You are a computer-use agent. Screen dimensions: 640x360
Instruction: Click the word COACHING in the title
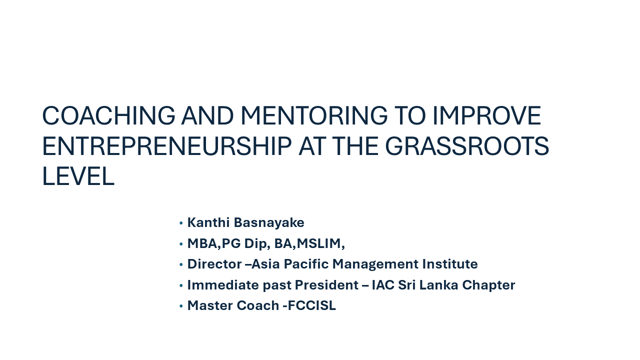[108, 115]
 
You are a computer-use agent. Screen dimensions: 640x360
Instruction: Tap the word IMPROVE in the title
[487, 115]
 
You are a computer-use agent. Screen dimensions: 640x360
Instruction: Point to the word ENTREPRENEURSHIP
[167, 146]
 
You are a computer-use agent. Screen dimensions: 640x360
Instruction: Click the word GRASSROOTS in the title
[467, 146]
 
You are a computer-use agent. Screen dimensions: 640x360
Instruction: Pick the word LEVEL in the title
[78, 176]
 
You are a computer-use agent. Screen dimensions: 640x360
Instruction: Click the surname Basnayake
[269, 222]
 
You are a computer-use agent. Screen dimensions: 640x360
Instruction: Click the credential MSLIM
[319, 243]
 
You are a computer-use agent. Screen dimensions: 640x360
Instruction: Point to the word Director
[214, 264]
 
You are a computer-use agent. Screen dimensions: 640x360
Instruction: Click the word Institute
[450, 264]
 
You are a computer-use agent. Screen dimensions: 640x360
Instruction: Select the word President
[326, 285]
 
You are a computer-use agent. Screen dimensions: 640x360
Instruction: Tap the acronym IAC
[383, 285]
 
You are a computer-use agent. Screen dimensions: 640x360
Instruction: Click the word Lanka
[438, 285]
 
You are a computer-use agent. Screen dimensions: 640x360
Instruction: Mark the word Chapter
[488, 285]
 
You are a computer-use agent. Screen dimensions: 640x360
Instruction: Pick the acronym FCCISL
[311, 305]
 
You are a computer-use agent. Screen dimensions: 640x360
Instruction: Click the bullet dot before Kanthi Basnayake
[181, 223]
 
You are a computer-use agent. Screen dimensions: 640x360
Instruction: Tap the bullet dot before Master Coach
[181, 306]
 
